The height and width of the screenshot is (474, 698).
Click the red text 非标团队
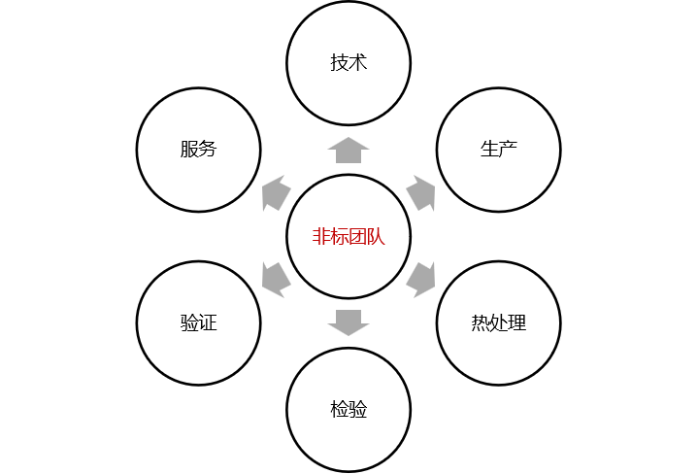[x=349, y=237]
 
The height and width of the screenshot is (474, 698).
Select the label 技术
[x=349, y=63]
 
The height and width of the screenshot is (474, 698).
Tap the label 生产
[x=498, y=150]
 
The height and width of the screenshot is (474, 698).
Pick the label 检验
[x=349, y=409]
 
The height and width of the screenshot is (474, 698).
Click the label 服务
[x=198, y=150]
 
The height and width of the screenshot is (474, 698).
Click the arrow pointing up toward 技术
[x=349, y=151]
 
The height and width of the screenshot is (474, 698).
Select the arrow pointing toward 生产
[x=420, y=193]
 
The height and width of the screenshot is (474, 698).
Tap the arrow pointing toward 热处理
[x=421, y=279]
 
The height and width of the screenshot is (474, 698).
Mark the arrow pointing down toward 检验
[x=349, y=322]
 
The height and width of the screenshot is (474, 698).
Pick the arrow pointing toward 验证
[x=276, y=279]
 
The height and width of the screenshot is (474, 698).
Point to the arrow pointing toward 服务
[x=277, y=193]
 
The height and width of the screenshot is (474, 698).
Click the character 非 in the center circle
[x=321, y=237]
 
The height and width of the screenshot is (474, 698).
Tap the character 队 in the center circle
[x=377, y=237]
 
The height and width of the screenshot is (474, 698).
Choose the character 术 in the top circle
[x=358, y=63]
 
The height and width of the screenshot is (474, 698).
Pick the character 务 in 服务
[x=208, y=150]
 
